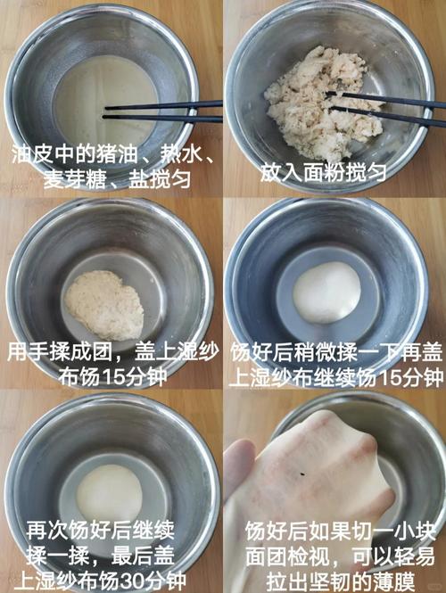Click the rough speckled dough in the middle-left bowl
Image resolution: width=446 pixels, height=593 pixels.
pos(105,304)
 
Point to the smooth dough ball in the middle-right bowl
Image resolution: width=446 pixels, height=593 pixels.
pos(327,292)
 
